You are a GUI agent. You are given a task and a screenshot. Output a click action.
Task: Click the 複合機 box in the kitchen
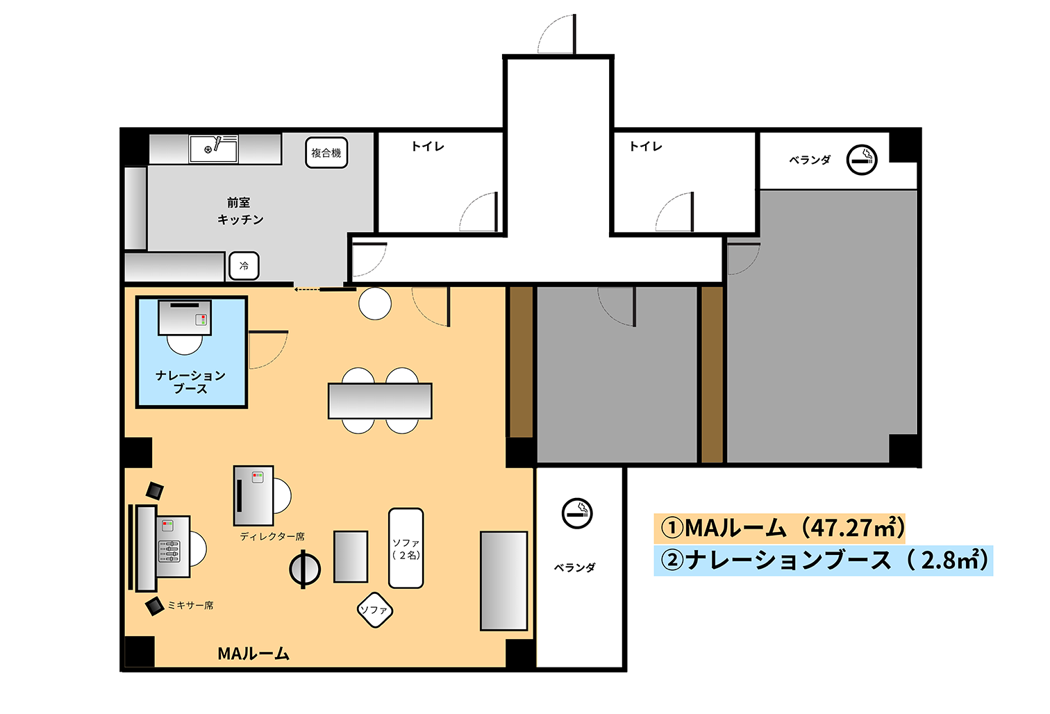tap(326, 153)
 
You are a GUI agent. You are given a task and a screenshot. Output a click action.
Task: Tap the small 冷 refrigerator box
tap(244, 266)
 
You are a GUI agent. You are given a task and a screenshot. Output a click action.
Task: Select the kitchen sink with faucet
tap(213, 149)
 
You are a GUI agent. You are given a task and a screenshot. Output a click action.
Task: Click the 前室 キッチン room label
tap(240, 211)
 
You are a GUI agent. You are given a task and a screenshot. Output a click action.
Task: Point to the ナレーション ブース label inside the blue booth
tap(190, 381)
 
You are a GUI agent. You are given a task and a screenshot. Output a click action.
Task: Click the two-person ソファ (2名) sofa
tap(406, 548)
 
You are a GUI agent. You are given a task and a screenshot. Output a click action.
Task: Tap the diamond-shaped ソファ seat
tap(374, 610)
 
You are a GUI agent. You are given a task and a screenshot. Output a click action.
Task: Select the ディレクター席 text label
tap(272, 536)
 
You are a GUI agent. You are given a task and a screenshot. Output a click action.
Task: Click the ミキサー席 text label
tap(190, 605)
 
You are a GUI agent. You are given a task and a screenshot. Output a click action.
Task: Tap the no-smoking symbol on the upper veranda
tap(862, 160)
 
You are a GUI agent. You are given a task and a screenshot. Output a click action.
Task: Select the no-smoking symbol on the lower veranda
tap(577, 513)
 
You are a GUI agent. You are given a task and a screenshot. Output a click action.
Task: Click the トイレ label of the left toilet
tap(428, 147)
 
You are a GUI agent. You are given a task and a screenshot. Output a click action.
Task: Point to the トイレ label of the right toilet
tap(645, 147)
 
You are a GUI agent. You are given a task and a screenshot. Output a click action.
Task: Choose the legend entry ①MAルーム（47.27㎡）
tap(780, 529)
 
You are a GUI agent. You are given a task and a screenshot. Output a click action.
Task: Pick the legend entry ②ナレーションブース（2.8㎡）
tap(823, 561)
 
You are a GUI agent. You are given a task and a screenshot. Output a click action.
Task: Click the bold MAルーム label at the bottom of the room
tap(253, 654)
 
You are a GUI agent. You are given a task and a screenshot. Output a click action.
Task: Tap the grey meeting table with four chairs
tap(380, 401)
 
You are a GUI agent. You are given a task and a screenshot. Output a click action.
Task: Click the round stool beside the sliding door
tap(375, 304)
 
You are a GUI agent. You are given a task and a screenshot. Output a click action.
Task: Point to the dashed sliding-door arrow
tap(307, 290)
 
